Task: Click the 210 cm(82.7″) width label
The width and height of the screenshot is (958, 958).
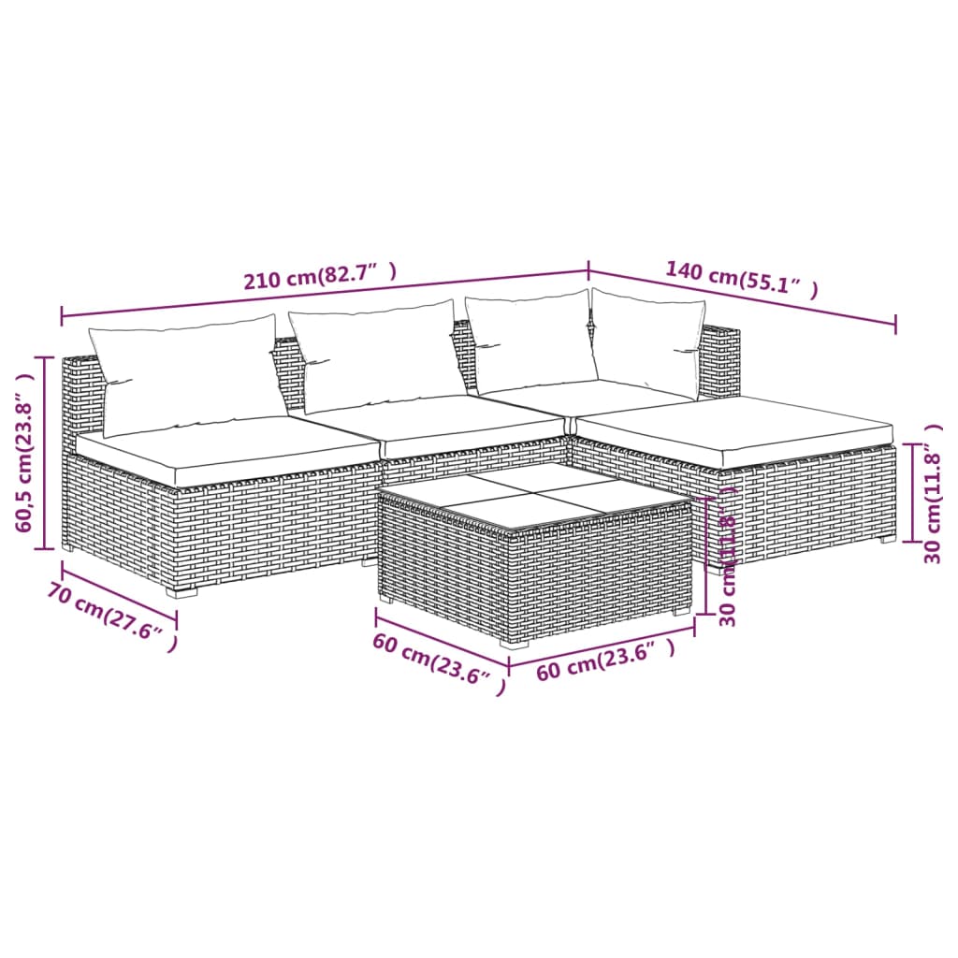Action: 320,277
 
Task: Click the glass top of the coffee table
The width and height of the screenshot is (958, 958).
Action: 534,496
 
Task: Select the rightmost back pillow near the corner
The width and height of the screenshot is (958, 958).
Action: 647,341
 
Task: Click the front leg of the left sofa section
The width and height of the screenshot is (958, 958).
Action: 181,591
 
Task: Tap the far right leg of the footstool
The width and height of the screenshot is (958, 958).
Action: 886,538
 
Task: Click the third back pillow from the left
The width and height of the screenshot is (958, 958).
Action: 531,341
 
